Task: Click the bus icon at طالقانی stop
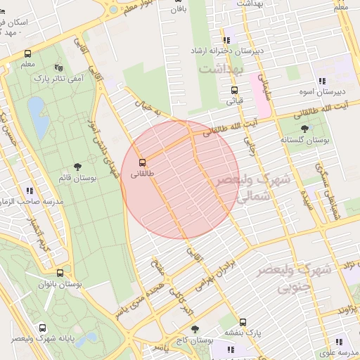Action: [x=143, y=162]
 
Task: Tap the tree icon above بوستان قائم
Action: [x=77, y=167]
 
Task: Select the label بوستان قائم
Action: [x=78, y=179]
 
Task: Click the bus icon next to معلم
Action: [x=27, y=53]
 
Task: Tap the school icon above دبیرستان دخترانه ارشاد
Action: [x=226, y=41]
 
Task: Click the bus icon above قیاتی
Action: [x=234, y=90]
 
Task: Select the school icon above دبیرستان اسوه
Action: [x=321, y=81]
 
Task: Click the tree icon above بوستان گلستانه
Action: [x=304, y=129]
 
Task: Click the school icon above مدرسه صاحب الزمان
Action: [x=30, y=190]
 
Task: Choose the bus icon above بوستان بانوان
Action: [x=59, y=274]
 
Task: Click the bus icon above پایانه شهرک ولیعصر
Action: [x=43, y=328]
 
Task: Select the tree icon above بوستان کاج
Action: [x=195, y=328]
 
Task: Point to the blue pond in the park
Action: [x=38, y=116]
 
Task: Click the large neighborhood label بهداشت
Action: [x=220, y=69]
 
